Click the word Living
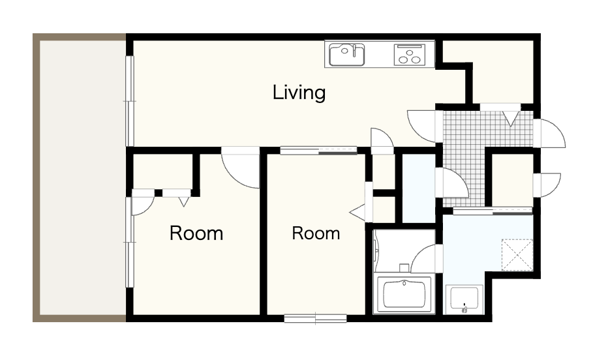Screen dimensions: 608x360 [x=299, y=93]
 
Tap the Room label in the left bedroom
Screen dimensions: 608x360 [x=196, y=233]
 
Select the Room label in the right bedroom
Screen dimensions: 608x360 [x=316, y=233]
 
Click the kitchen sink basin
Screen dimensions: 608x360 [x=346, y=55]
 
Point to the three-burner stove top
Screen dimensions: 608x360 [x=410, y=54]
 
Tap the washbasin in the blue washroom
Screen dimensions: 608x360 [x=464, y=299]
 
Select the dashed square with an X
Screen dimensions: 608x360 [x=517, y=254]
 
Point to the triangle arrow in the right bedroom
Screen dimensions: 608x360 [x=357, y=212]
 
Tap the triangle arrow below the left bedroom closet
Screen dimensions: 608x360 [x=183, y=202]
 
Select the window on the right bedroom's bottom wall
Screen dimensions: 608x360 [x=315, y=318]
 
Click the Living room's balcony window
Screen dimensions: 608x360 [x=130, y=101]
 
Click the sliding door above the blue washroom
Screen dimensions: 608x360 [x=493, y=211]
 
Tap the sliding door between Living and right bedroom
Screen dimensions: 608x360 [x=318, y=151]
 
